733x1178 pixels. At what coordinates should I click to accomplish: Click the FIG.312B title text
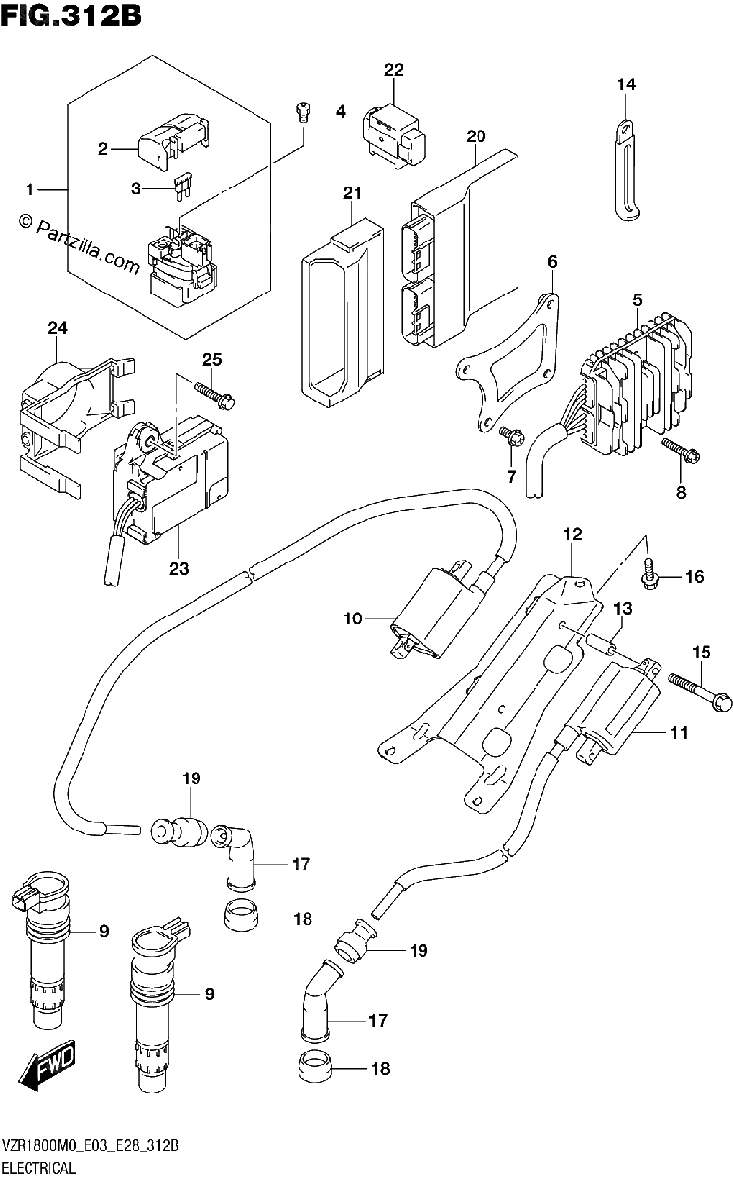[x=71, y=16]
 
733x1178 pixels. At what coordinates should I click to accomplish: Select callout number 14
[x=626, y=84]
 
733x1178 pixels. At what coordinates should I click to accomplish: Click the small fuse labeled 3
[x=182, y=187]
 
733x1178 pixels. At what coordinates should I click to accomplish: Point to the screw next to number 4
[x=303, y=112]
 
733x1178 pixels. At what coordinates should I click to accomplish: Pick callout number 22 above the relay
[x=393, y=70]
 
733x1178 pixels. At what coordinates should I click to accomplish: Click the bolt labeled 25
[x=214, y=395]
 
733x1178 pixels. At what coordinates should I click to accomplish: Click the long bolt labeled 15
[x=701, y=691]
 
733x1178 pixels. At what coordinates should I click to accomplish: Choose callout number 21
[x=352, y=193]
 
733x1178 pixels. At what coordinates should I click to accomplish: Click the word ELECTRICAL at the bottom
[x=39, y=1168]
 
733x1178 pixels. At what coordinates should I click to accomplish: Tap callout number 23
[x=179, y=568]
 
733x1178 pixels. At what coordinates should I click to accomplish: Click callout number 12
[x=573, y=534]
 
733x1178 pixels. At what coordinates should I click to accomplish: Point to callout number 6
[x=552, y=261]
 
